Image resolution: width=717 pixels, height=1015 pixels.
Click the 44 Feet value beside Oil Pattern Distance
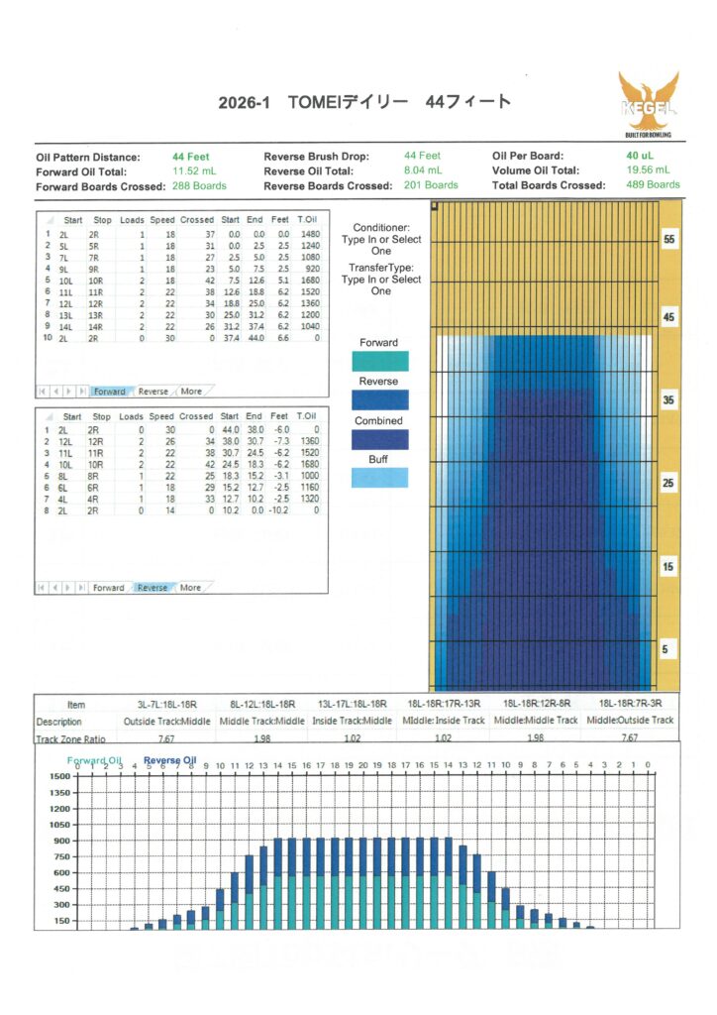[x=191, y=157]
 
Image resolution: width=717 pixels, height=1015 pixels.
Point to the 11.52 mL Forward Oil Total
[x=196, y=170]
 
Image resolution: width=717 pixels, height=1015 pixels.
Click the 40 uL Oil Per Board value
[x=638, y=157]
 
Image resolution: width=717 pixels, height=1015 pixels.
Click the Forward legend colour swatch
[x=380, y=361]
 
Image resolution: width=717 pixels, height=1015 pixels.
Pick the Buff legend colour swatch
[x=380, y=477]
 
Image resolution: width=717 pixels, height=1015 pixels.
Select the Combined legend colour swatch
[x=380, y=439]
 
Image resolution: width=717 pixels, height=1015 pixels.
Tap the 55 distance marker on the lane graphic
[x=668, y=241]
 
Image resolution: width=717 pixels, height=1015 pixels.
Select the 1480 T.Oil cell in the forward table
[x=309, y=234]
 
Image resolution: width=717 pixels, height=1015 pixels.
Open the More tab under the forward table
[x=191, y=392]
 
